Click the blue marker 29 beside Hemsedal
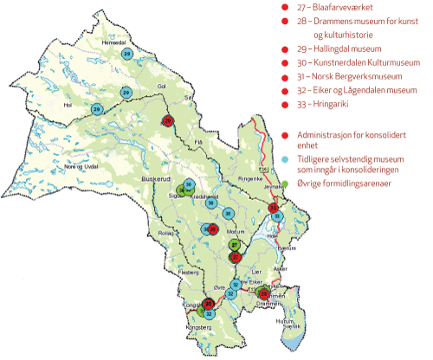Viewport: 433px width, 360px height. coord(127,55)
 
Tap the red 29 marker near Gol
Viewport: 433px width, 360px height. coord(168,122)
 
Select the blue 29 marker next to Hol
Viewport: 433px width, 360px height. coord(98,108)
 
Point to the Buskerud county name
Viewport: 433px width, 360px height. coord(153,179)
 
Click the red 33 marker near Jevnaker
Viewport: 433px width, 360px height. coord(274,209)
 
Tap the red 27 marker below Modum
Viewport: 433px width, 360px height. coord(236,256)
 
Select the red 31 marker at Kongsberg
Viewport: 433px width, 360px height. coord(209,303)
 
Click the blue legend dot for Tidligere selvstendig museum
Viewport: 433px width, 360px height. coord(285,160)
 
